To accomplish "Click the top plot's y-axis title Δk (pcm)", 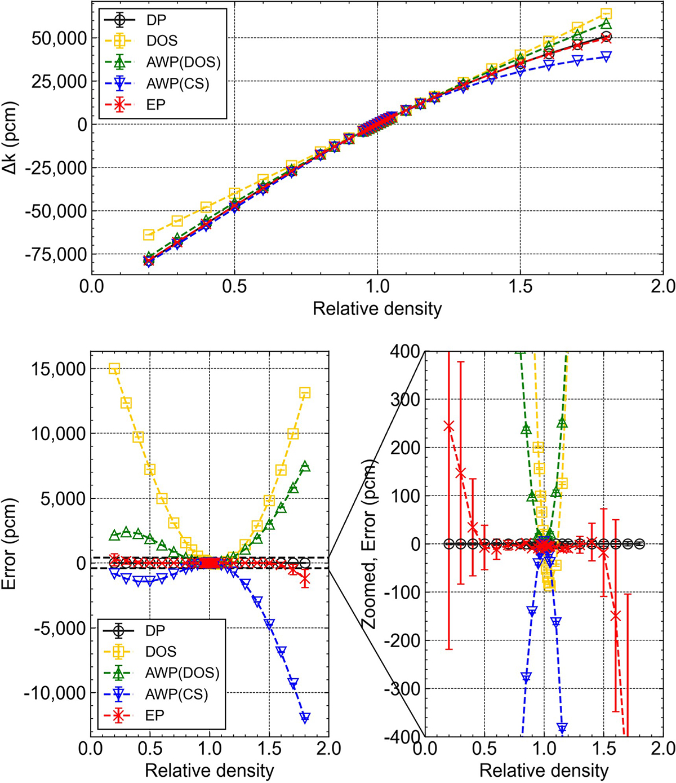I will [x=13, y=140].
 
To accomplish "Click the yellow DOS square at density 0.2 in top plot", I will [x=149, y=234].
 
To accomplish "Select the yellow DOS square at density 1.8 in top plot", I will [x=606, y=14].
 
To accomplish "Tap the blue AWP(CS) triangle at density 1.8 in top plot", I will [x=606, y=56].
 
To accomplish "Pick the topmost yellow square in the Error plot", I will [x=114, y=369].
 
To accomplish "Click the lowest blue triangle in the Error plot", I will [x=305, y=718].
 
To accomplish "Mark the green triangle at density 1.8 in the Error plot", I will [x=305, y=466].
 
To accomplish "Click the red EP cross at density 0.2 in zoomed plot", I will [x=449, y=426].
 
